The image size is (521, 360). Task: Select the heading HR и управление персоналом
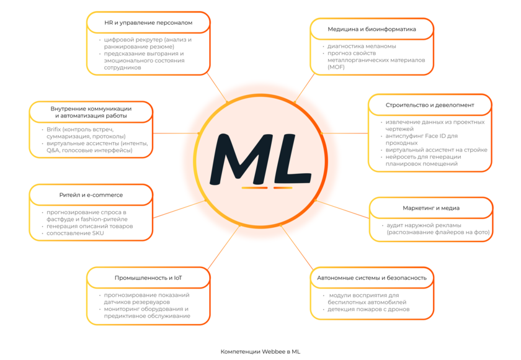point(148,22)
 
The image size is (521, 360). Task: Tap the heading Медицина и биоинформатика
point(372,29)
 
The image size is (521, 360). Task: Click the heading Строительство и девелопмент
point(430,105)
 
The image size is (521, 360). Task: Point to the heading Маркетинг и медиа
point(431,208)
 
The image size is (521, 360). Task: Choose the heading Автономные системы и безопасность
point(372,277)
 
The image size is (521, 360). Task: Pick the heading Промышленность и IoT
point(148,277)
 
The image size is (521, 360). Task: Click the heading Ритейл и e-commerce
point(91,195)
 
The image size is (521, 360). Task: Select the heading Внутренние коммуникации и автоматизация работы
point(91,112)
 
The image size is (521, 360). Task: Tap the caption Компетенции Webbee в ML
point(260,351)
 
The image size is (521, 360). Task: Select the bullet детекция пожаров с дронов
point(369,309)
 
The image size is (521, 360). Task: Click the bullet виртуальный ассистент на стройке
point(436,150)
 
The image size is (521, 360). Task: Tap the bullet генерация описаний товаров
point(90,226)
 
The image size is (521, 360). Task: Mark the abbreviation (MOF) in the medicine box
point(336,67)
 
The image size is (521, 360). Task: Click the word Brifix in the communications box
point(55,129)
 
